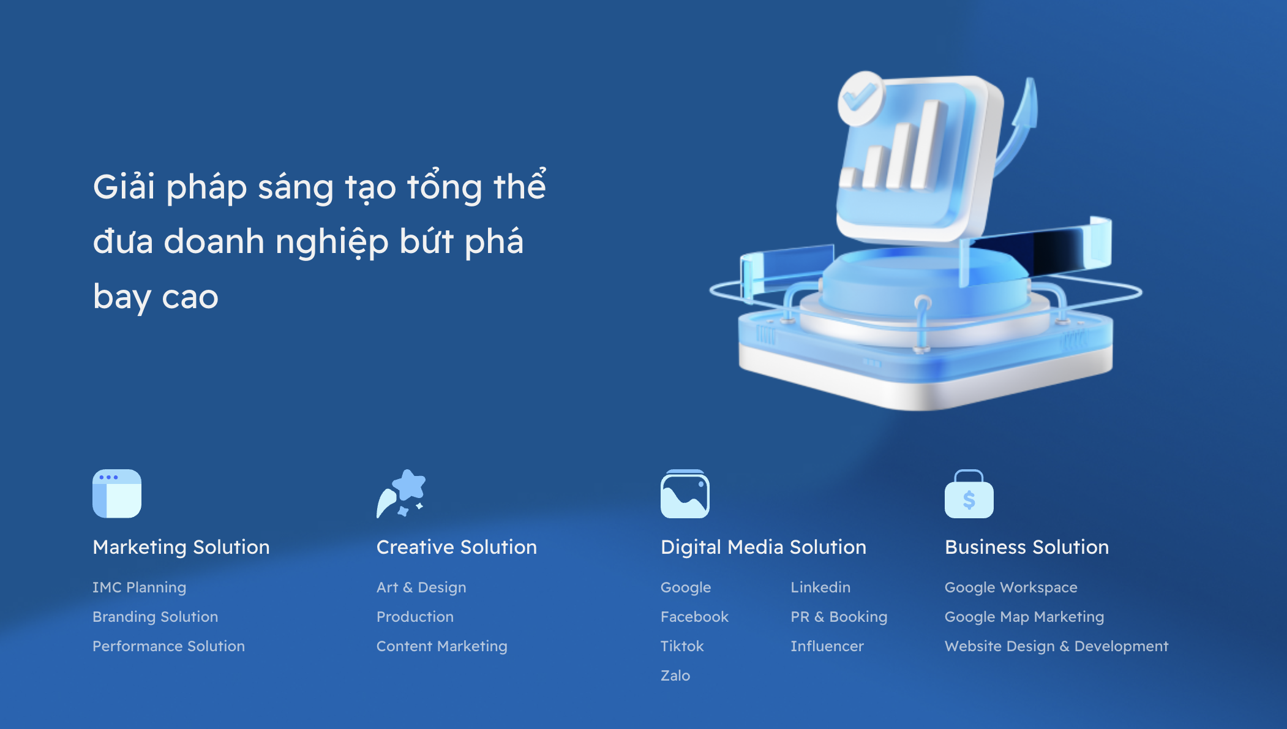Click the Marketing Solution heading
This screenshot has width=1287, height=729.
pyautogui.click(x=181, y=547)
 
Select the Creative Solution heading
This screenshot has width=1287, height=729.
pyautogui.click(x=457, y=547)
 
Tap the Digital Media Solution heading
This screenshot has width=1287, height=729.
pyautogui.click(x=764, y=547)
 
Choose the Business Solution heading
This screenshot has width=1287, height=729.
pyautogui.click(x=1027, y=547)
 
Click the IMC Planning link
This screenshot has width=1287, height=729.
pyautogui.click(x=140, y=587)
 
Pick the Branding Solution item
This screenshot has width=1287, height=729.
pyautogui.click(x=156, y=617)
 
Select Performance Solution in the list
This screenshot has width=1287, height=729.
pyautogui.click(x=169, y=646)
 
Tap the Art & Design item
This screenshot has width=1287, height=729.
pyautogui.click(x=421, y=587)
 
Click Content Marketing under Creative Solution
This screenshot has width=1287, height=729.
pyautogui.click(x=442, y=646)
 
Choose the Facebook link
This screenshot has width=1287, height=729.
pyautogui.click(x=695, y=617)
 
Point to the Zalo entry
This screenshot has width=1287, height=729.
pyautogui.click(x=675, y=676)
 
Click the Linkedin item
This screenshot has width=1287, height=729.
pyautogui.click(x=820, y=587)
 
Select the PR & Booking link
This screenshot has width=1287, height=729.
pyautogui.click(x=839, y=617)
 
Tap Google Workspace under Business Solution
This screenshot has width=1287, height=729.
pyautogui.click(x=1011, y=587)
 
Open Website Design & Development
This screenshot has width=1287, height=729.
pyautogui.click(x=1057, y=646)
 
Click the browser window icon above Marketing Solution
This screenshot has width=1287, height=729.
pyautogui.click(x=117, y=494)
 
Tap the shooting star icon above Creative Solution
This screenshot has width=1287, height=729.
pyautogui.click(x=401, y=494)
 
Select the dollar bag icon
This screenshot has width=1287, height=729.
pyautogui.click(x=969, y=494)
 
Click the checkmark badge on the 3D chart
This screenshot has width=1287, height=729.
pyautogui.click(x=861, y=97)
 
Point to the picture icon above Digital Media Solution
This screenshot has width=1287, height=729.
pyautogui.click(x=685, y=494)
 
